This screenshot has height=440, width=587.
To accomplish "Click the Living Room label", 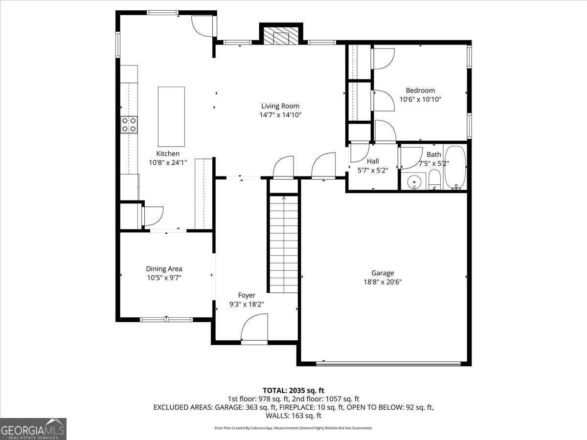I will click(x=280, y=106).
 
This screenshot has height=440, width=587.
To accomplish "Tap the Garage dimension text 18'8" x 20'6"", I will click(x=382, y=282).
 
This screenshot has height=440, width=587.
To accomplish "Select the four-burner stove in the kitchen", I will click(x=129, y=125).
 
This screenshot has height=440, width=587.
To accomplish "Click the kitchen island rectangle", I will click(x=171, y=116).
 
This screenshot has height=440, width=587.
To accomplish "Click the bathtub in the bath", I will click(x=455, y=167).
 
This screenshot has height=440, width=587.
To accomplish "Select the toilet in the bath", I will click(x=434, y=180).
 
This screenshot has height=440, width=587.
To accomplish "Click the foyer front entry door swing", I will click(x=255, y=328).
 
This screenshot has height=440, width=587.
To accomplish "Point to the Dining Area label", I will click(x=164, y=269).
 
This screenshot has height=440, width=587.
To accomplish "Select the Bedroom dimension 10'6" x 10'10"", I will click(x=420, y=99).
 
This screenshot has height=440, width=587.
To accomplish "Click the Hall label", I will click(x=373, y=161).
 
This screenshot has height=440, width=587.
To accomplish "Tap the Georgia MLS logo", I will click(x=33, y=429).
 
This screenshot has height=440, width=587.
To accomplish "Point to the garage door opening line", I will click(x=388, y=363).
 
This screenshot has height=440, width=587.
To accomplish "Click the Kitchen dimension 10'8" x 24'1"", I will click(x=168, y=163).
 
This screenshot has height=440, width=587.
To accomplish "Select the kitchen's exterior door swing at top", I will click(x=202, y=25).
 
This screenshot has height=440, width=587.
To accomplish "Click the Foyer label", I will click(x=247, y=295).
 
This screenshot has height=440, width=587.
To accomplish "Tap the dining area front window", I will click(x=166, y=320).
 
